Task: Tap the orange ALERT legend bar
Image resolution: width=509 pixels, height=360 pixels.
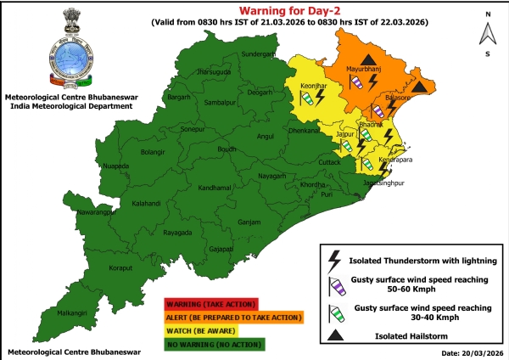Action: tap(233, 318)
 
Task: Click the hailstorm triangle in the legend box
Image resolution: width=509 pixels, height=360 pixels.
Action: tap(335, 335)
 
